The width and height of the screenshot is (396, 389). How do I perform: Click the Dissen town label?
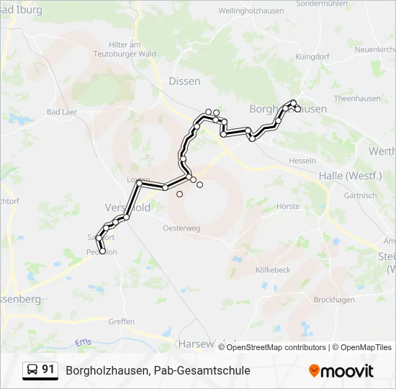coord(184,81)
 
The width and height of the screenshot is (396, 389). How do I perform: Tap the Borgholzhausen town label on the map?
coord(288,109)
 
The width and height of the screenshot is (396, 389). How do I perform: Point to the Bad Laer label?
coord(63,112)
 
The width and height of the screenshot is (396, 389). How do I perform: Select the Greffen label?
coord(122,322)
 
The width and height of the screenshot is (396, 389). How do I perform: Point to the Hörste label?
coord(288,206)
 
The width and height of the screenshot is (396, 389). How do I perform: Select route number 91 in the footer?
coord(48,370)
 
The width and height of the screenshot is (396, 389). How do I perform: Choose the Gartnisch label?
coord(360,195)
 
